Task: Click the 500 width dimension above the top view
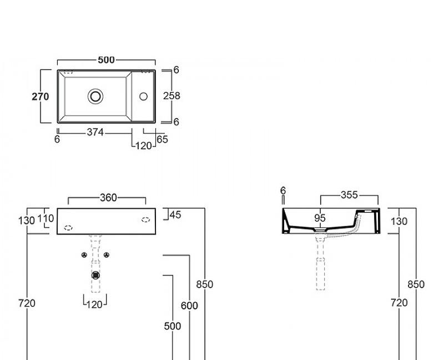pos(106,60)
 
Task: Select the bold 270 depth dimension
pos(40,96)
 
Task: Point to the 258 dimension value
pos(171,96)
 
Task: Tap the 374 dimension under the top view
pos(95,132)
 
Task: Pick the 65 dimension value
pos(162,139)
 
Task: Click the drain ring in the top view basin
pos(95,96)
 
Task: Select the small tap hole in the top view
pos(143,96)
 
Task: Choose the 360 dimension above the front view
pos(108,197)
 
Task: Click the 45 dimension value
pos(175,214)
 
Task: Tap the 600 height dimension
pos(189,306)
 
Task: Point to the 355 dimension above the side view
pos(349,195)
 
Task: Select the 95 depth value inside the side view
pos(320,218)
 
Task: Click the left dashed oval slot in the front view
pos(69,227)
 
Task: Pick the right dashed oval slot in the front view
pos(146,219)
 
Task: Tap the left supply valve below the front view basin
pos(84,255)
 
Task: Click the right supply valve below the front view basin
pos(106,255)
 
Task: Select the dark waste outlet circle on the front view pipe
pos(95,274)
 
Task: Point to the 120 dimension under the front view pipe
pos(95,304)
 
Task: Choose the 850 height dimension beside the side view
pos(416,284)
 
